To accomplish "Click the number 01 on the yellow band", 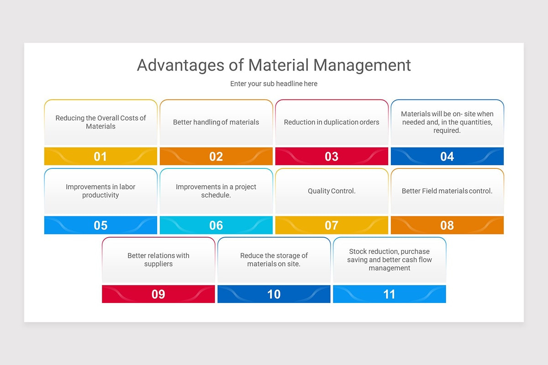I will click(x=100, y=156).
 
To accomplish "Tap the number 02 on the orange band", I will click(x=216, y=156).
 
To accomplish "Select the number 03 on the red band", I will click(x=332, y=156).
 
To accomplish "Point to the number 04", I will click(x=447, y=156).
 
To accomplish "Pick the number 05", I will click(x=100, y=225).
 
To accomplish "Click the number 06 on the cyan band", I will click(x=216, y=225).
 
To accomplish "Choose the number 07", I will click(x=332, y=225).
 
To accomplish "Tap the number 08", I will click(x=447, y=225).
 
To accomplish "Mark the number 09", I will click(x=158, y=294).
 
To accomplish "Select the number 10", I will click(x=274, y=294).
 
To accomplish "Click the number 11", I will click(x=389, y=294).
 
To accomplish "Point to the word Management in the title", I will click(x=363, y=65).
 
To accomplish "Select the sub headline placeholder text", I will click(x=274, y=83).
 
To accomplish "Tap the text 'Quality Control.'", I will click(x=332, y=191).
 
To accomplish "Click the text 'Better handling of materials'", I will click(x=216, y=122).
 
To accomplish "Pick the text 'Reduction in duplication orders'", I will click(x=332, y=122).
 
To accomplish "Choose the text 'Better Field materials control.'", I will click(x=447, y=191).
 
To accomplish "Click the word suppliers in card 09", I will click(x=158, y=264).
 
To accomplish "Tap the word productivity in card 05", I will click(x=100, y=195).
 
